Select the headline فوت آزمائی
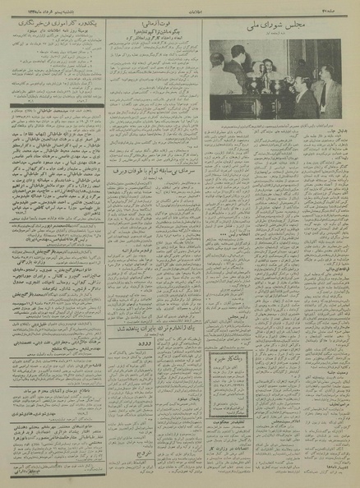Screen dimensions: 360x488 coord(162,27)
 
